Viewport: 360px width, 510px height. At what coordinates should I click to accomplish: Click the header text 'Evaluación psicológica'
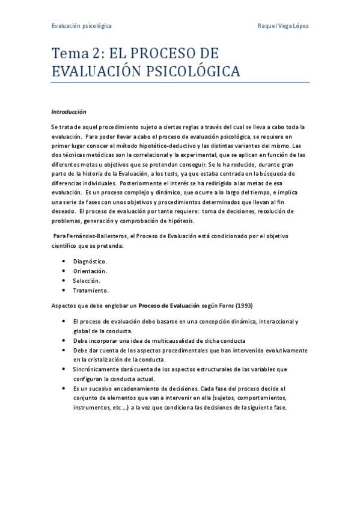tap(81, 26)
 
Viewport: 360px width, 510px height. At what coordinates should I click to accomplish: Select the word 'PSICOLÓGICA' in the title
tap(189, 72)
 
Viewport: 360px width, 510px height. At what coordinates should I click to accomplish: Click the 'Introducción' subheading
tap(69, 112)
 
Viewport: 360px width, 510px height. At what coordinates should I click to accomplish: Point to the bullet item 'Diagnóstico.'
tap(90, 262)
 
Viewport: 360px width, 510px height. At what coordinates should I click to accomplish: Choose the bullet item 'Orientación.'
tap(90, 271)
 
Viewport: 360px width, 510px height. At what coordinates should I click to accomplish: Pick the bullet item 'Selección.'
tap(87, 281)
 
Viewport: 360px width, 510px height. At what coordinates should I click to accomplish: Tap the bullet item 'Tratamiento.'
tap(91, 290)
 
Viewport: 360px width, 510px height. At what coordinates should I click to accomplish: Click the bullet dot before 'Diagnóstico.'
tap(64, 262)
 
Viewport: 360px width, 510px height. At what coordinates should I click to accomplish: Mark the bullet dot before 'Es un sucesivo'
tap(64, 389)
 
